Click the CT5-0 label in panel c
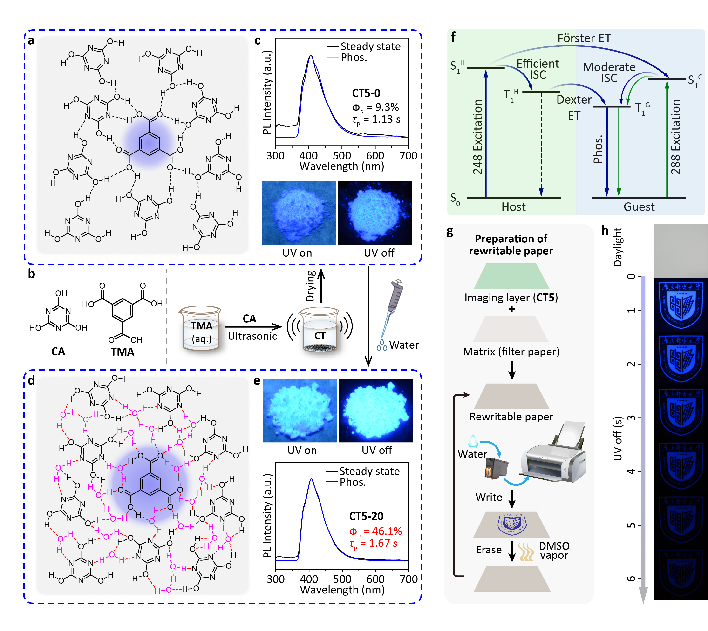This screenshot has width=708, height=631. point(366,93)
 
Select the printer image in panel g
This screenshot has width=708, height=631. point(554,454)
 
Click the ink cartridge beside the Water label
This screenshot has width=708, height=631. point(496,468)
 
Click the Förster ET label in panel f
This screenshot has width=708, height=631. point(584,38)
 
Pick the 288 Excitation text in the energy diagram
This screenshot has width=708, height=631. point(675,137)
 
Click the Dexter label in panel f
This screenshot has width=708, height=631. point(574,100)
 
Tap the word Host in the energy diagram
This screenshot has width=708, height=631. point(513,207)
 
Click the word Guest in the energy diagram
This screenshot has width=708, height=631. point(639,207)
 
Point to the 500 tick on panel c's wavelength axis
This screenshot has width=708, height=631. point(342,156)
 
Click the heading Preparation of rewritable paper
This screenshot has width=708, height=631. point(511,245)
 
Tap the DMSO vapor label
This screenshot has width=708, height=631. point(554,551)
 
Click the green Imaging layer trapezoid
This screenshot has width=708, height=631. point(511,276)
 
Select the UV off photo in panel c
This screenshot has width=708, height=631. point(375,213)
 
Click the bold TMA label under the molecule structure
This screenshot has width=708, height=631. point(122,352)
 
